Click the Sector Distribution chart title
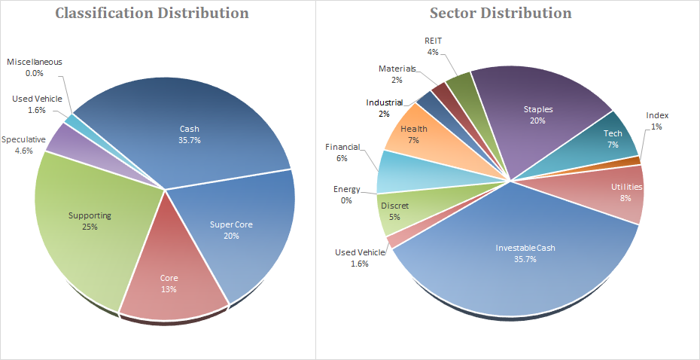pos(500,13)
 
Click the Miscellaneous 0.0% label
pos(35,68)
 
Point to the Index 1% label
pos(656,121)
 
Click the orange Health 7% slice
pos(414,134)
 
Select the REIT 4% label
pos(432,47)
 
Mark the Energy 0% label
pos(346,194)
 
